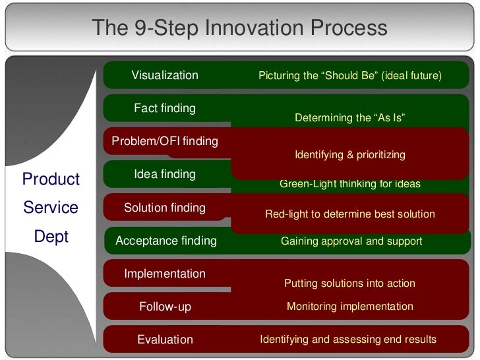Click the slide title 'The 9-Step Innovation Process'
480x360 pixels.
[239, 28]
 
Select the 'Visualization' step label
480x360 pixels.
[165, 75]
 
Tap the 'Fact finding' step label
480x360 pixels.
[165, 108]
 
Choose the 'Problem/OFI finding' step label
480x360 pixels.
[165, 141]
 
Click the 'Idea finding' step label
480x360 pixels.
[165, 174]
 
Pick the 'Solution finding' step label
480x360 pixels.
[165, 208]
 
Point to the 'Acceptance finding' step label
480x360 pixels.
[166, 241]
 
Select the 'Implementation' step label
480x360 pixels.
[165, 274]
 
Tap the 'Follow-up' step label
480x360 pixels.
[165, 307]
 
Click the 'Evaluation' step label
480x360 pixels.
[165, 340]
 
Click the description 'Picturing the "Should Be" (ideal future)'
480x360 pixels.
[349, 76]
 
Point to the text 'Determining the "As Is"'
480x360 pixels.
[349, 118]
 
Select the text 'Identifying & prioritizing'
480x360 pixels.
[349, 155]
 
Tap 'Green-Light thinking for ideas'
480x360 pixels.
[349, 184]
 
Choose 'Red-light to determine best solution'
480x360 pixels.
[349, 214]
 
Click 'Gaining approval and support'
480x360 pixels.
[351, 241]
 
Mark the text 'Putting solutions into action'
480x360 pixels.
[349, 284]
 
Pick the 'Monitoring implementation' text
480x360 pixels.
[349, 307]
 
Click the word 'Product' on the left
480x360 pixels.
[51, 179]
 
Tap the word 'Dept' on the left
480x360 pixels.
[51, 237]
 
